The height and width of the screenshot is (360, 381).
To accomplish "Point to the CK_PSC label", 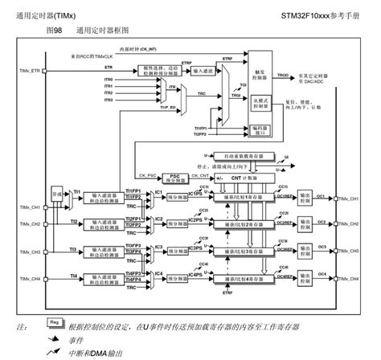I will (146, 174).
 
